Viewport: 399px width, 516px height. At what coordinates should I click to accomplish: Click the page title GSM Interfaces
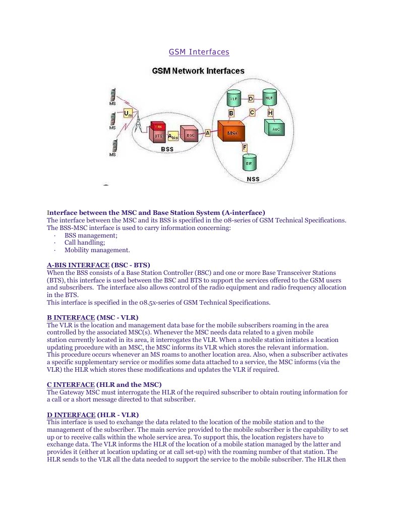[199, 52]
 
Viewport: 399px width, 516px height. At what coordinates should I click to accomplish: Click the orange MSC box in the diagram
[232, 133]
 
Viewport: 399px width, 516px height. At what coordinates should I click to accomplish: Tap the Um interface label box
[128, 114]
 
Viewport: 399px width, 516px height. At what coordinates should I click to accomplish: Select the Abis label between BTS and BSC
[173, 136]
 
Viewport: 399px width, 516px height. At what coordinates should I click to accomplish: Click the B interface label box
[231, 113]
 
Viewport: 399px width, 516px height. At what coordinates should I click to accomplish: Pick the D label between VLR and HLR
[251, 99]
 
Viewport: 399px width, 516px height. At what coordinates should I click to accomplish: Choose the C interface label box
[252, 112]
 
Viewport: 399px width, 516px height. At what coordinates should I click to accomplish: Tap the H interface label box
[270, 112]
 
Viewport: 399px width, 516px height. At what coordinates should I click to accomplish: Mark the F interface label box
[245, 147]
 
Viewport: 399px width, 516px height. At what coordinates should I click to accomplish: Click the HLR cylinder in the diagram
[269, 97]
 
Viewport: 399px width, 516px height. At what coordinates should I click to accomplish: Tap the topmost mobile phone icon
[113, 95]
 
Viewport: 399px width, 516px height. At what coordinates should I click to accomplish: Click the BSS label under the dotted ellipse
[167, 149]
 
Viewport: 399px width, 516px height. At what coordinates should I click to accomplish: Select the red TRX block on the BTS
[158, 126]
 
